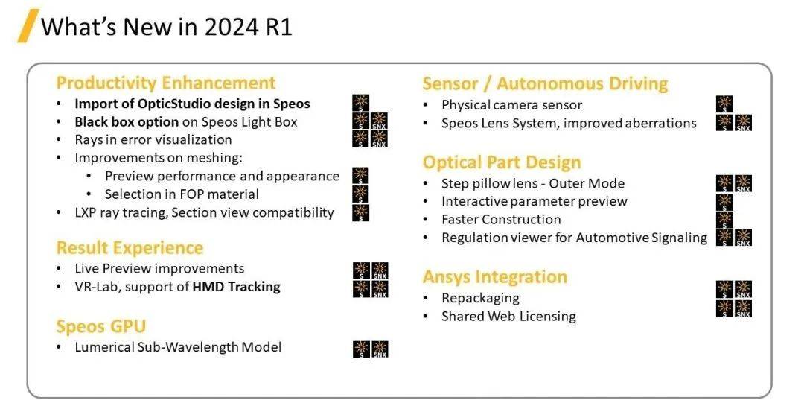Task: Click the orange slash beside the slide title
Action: pos(28,25)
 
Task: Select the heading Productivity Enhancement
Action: pos(165,83)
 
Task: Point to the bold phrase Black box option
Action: pos(127,122)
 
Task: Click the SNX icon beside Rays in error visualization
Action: pos(380,139)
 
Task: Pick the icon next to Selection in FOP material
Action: pos(360,194)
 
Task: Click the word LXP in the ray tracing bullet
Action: pos(86,212)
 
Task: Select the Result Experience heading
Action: pos(130,248)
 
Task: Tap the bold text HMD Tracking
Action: pos(237,286)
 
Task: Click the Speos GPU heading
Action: pos(101,326)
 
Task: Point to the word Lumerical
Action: pos(105,346)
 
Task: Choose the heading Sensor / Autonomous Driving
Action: pos(545,83)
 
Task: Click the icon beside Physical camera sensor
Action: pos(724,104)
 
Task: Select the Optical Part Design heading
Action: pos(502,162)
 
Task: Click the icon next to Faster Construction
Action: pos(724,220)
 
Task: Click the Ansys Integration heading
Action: pos(495,277)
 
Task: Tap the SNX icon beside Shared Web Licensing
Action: pos(744,308)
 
